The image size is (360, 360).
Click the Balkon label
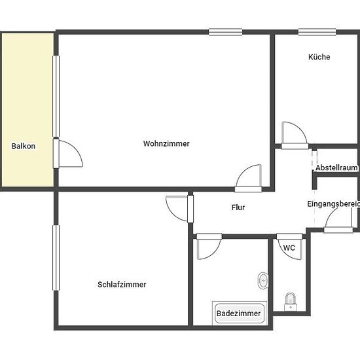(23, 146)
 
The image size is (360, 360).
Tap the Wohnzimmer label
(166, 144)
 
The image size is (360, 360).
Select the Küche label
(319, 57)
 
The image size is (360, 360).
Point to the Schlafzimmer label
(122, 285)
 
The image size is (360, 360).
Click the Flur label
(238, 207)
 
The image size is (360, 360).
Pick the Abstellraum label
(336, 168)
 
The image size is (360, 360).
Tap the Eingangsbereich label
(333, 204)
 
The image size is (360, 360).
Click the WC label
(289, 247)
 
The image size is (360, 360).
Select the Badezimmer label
(238, 314)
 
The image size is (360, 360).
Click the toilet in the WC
(291, 302)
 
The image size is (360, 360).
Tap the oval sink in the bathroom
(263, 280)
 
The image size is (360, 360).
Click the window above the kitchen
(317, 32)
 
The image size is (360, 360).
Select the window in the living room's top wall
(225, 32)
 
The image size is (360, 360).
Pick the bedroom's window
(56, 258)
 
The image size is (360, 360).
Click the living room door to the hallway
(248, 189)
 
